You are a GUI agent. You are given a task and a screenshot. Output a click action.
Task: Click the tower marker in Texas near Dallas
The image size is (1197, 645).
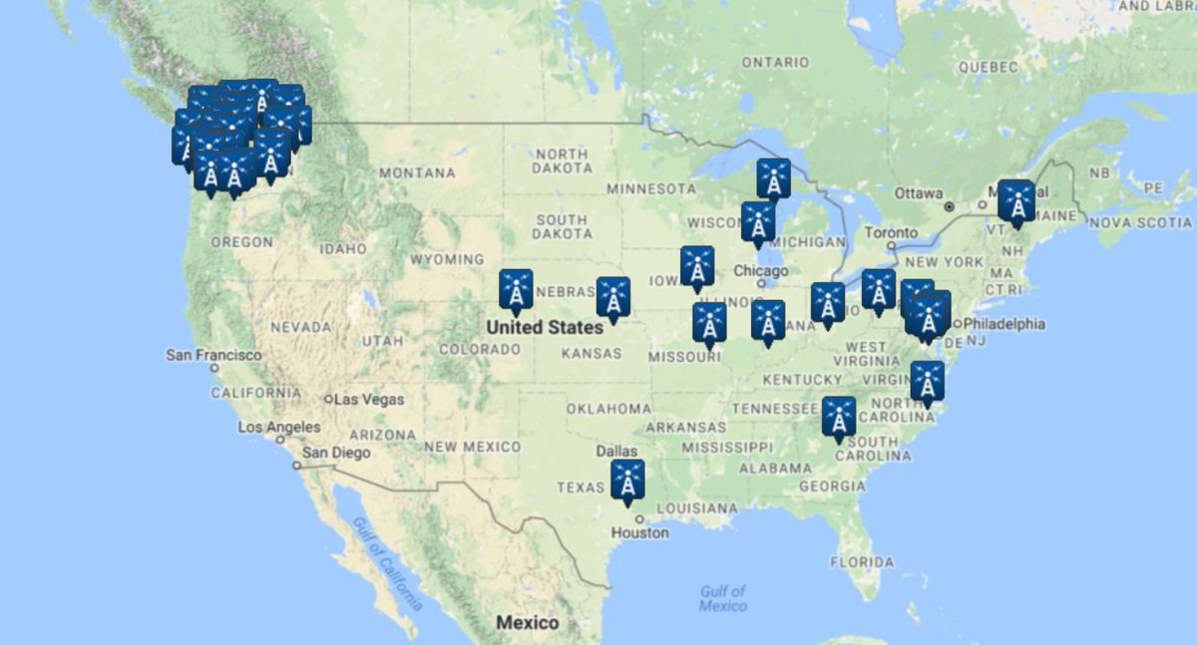coord(627,481)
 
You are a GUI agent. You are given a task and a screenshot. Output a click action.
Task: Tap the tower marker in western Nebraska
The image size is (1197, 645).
coord(516,290)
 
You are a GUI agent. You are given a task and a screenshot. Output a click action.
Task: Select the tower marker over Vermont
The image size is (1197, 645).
coord(1016,201)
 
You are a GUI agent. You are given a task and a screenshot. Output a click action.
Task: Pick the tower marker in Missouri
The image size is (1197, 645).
coord(709,324)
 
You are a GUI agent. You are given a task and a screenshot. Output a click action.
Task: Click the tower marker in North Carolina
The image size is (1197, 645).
coord(927,382)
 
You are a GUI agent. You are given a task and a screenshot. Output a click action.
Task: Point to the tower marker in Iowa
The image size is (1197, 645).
coord(697,267)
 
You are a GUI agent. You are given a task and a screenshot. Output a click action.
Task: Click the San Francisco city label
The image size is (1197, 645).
coord(213,355)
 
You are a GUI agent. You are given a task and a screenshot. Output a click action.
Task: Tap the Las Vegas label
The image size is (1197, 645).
coord(369,400)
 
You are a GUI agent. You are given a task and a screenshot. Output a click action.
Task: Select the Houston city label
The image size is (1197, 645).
coord(640,532)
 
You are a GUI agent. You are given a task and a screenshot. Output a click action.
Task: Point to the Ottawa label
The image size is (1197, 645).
coord(919,192)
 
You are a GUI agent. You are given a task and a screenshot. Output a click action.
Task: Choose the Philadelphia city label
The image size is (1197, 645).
coord(1005,324)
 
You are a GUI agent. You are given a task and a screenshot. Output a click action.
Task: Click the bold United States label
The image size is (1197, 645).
coord(545,327)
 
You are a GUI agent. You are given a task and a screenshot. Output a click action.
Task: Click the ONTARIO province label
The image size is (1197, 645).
coord(775,63)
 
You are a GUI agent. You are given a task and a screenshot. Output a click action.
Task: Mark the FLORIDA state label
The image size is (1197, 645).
coord(862,562)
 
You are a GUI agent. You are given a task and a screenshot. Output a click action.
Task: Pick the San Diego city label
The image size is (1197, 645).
coord(336,453)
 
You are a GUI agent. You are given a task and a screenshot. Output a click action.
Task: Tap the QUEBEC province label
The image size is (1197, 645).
coord(988,67)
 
